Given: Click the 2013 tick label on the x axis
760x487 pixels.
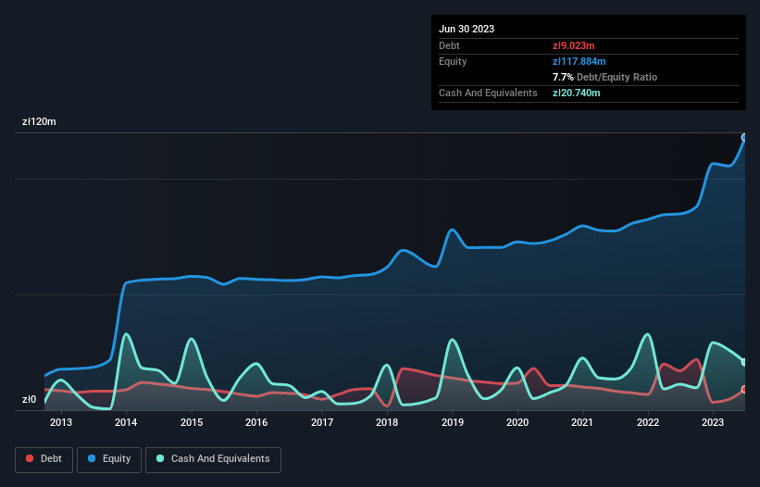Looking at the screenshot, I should pyautogui.click(x=61, y=423).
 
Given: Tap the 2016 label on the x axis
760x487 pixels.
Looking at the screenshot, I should pyautogui.click(x=256, y=423).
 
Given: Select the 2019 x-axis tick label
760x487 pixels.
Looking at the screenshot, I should pyautogui.click(x=453, y=423).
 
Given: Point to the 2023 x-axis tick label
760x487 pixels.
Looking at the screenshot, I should pyautogui.click(x=713, y=423).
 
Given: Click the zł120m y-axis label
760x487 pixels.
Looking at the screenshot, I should pyautogui.click(x=40, y=122).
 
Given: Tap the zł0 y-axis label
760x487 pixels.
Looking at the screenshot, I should pyautogui.click(x=29, y=400).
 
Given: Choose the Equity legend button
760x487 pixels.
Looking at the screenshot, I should pyautogui.click(x=109, y=458).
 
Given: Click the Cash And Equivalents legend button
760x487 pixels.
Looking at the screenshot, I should pyautogui.click(x=213, y=458).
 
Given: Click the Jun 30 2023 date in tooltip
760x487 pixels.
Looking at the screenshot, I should pyautogui.click(x=467, y=29).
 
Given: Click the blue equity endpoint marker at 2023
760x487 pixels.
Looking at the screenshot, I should pyautogui.click(x=744, y=137).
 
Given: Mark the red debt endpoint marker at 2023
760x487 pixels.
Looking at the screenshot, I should pyautogui.click(x=744, y=389).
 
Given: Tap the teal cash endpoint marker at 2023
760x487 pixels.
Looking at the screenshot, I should pyautogui.click(x=744, y=362).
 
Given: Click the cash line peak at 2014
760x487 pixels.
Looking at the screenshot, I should pyautogui.click(x=126, y=334).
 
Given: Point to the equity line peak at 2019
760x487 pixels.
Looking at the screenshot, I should pyautogui.click(x=452, y=230).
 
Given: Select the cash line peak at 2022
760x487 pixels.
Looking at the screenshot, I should pyautogui.click(x=648, y=334).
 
